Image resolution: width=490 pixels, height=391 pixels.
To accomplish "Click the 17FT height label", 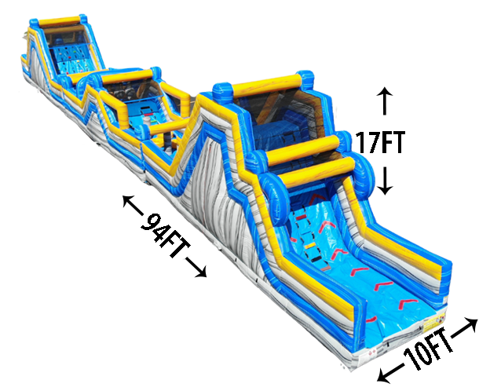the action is pyautogui.click(x=380, y=142).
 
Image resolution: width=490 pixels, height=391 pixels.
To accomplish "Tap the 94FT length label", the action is pyautogui.click(x=165, y=235).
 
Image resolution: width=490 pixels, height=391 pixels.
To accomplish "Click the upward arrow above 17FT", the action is pyautogui.click(x=384, y=100).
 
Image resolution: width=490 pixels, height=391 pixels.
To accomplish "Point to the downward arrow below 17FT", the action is pyautogui.click(x=385, y=181).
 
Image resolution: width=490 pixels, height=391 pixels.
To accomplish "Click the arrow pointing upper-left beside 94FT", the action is pyautogui.click(x=133, y=205).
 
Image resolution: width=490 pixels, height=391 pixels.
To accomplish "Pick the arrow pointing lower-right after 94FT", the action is pyautogui.click(x=196, y=268).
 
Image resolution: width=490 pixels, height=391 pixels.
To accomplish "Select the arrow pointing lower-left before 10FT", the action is pyautogui.click(x=390, y=373).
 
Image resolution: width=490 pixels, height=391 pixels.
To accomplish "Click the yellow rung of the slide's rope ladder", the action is pyautogui.click(x=309, y=246).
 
